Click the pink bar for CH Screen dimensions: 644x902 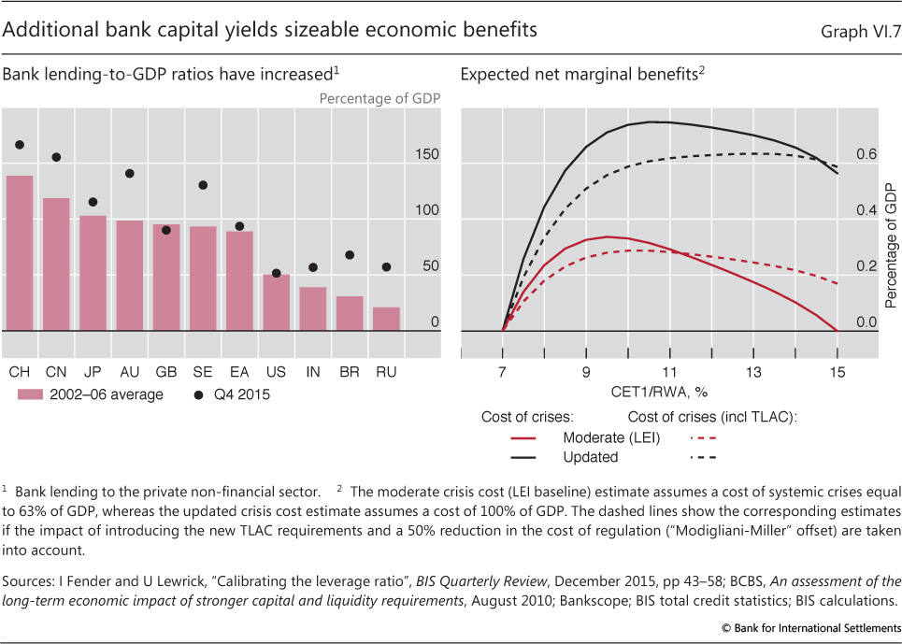[20, 252]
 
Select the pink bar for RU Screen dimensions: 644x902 [385, 319]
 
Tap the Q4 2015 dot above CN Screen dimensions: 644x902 [56, 157]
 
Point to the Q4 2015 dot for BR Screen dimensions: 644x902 [349, 254]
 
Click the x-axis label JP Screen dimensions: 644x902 [93, 372]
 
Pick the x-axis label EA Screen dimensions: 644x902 [238, 372]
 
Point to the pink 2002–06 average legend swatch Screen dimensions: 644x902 [31, 394]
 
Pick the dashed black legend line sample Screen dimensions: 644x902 [709, 457]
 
